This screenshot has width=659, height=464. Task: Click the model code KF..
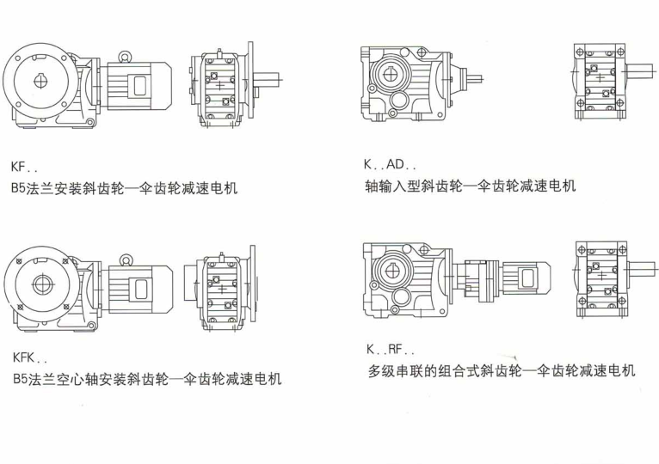click(24, 167)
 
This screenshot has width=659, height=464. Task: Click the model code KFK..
click(29, 358)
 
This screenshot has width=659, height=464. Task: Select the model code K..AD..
click(390, 164)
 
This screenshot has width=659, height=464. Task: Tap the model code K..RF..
click(391, 349)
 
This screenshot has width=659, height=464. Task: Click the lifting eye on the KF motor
click(124, 56)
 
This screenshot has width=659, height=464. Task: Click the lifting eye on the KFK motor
click(126, 260)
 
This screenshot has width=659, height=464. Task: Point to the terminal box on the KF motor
click(139, 86)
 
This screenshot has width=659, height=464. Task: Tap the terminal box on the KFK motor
click(140, 290)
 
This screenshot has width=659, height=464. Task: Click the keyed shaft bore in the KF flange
click(40, 81)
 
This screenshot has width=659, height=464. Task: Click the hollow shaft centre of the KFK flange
click(42, 284)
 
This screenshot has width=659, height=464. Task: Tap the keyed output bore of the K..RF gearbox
click(391, 272)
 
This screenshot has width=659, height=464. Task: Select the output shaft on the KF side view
click(267, 80)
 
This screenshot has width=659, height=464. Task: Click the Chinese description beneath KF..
click(125, 187)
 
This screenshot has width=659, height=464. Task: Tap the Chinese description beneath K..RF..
click(502, 370)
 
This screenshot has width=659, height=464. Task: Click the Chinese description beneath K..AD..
click(471, 186)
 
